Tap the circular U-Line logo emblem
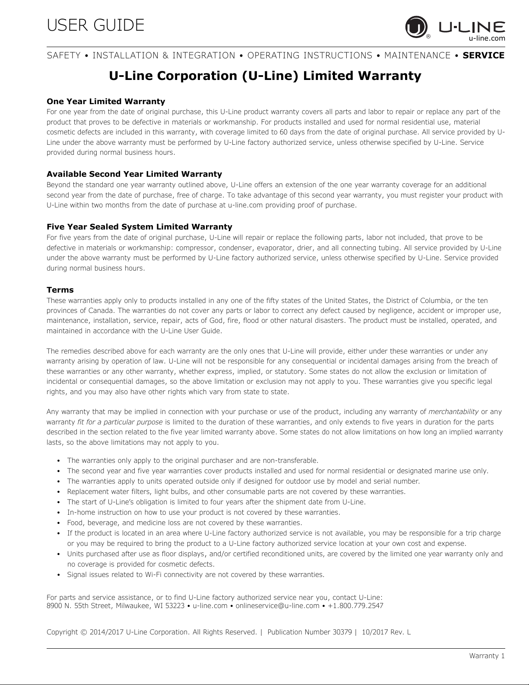(x=415, y=27)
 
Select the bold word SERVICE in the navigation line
(x=483, y=55)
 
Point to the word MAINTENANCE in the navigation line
(x=417, y=55)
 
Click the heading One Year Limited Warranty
(x=105, y=102)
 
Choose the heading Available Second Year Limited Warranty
(x=134, y=174)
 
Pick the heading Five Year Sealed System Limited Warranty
(x=139, y=227)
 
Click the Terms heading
(x=60, y=290)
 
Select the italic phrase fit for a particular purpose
(x=120, y=422)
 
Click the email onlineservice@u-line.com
(x=277, y=605)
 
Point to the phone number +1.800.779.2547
(x=355, y=605)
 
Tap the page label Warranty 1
(x=487, y=656)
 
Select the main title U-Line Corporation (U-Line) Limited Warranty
(x=265, y=76)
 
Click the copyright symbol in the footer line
(x=84, y=632)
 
